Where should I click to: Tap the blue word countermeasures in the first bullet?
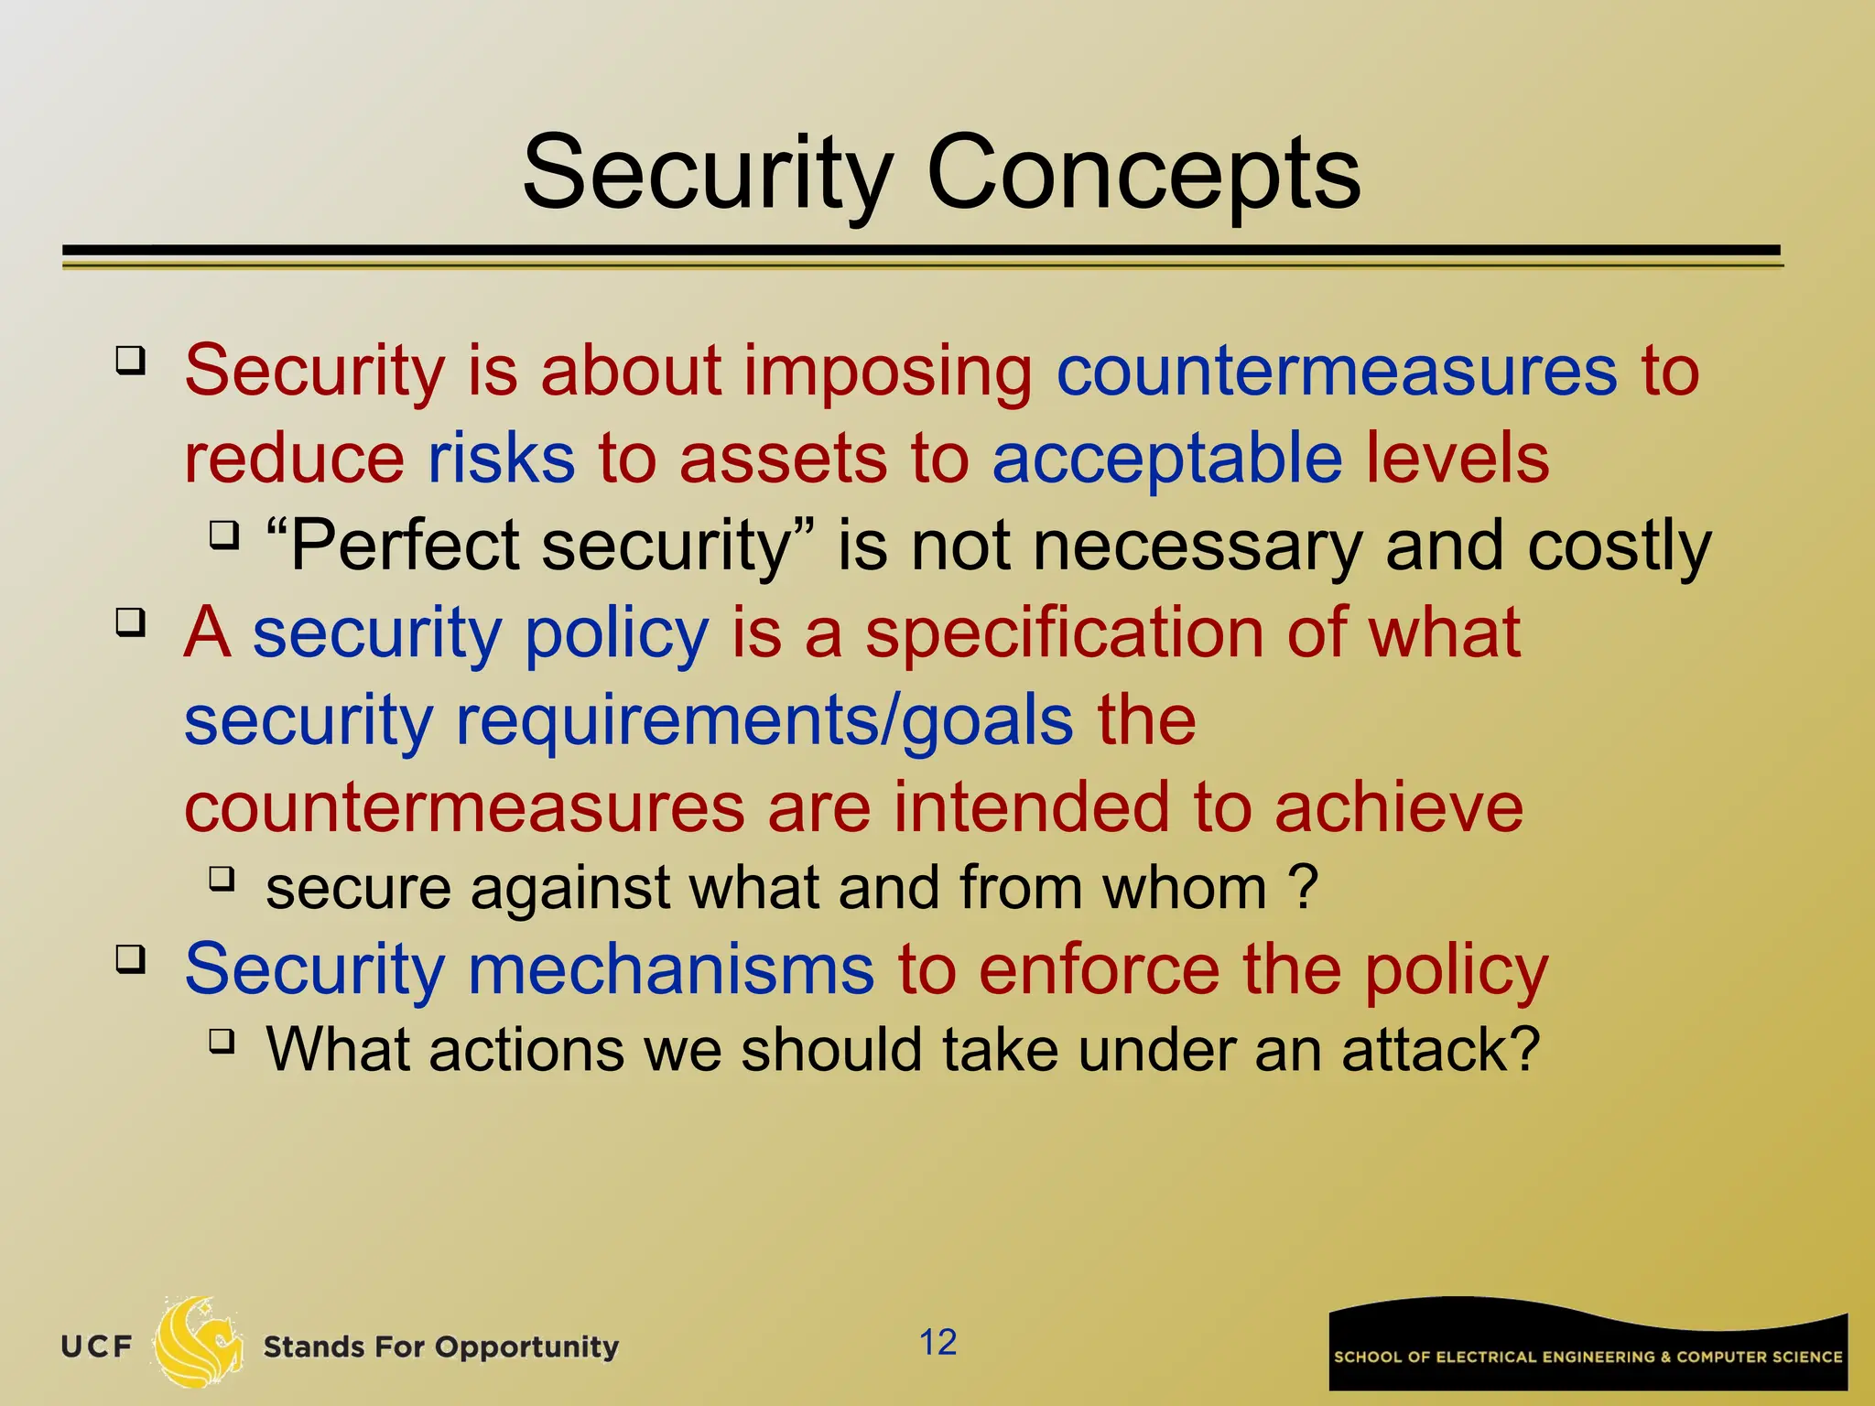(1336, 372)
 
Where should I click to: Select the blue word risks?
(502, 459)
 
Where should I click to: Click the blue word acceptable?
(1167, 459)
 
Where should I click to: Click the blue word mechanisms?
(670, 969)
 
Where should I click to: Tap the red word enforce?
(1099, 969)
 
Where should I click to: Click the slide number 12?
(937, 1342)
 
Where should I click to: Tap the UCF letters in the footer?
(96, 1347)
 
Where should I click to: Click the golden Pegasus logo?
(198, 1341)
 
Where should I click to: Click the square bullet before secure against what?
(222, 880)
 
